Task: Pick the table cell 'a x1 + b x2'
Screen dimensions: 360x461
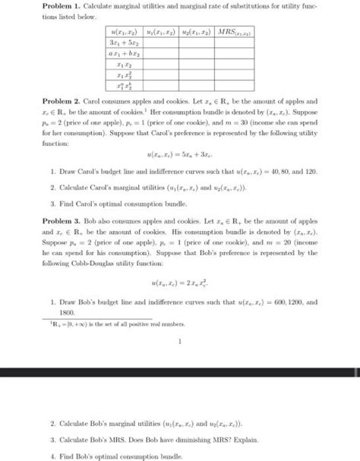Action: tap(122, 55)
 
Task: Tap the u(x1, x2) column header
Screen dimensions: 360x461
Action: tap(122, 34)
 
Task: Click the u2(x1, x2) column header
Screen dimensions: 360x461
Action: tap(192, 34)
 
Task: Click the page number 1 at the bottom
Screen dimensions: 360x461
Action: tap(180, 341)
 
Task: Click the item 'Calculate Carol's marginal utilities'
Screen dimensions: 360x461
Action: tap(137, 187)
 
